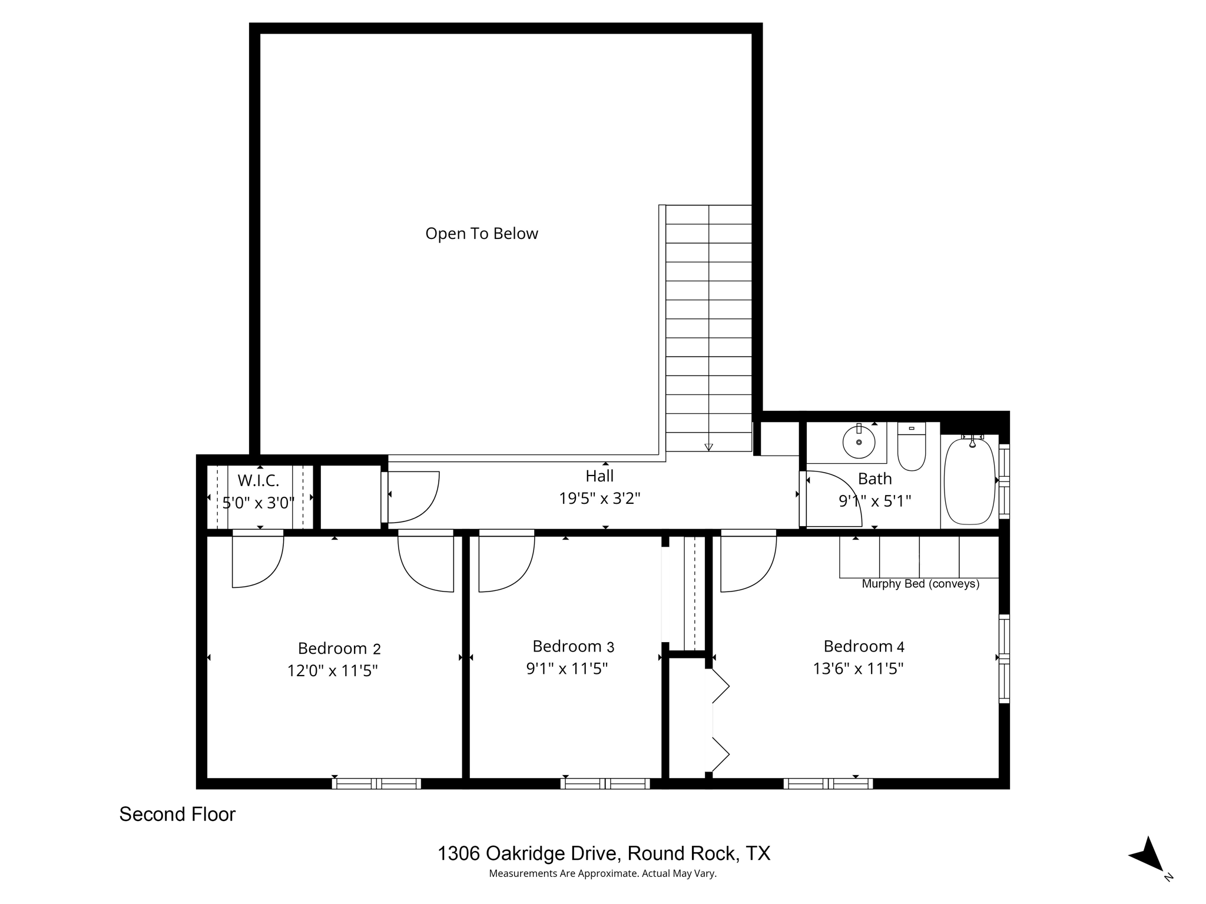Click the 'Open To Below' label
click(x=481, y=234)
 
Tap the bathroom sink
click(x=859, y=442)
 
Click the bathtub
click(x=969, y=481)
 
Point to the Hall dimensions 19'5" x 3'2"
click(x=599, y=498)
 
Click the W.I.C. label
click(x=258, y=480)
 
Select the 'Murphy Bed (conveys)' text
click(x=920, y=584)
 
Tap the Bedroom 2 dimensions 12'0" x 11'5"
click(x=332, y=671)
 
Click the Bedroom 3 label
click(x=572, y=646)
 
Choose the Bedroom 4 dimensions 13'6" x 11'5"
click(x=858, y=669)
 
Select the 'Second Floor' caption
click(x=177, y=815)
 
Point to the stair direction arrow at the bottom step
click(x=708, y=447)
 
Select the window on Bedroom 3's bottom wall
click(x=605, y=783)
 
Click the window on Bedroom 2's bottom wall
click(x=376, y=783)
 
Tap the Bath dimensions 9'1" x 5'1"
click(x=874, y=501)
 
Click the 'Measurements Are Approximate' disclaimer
click(x=602, y=873)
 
